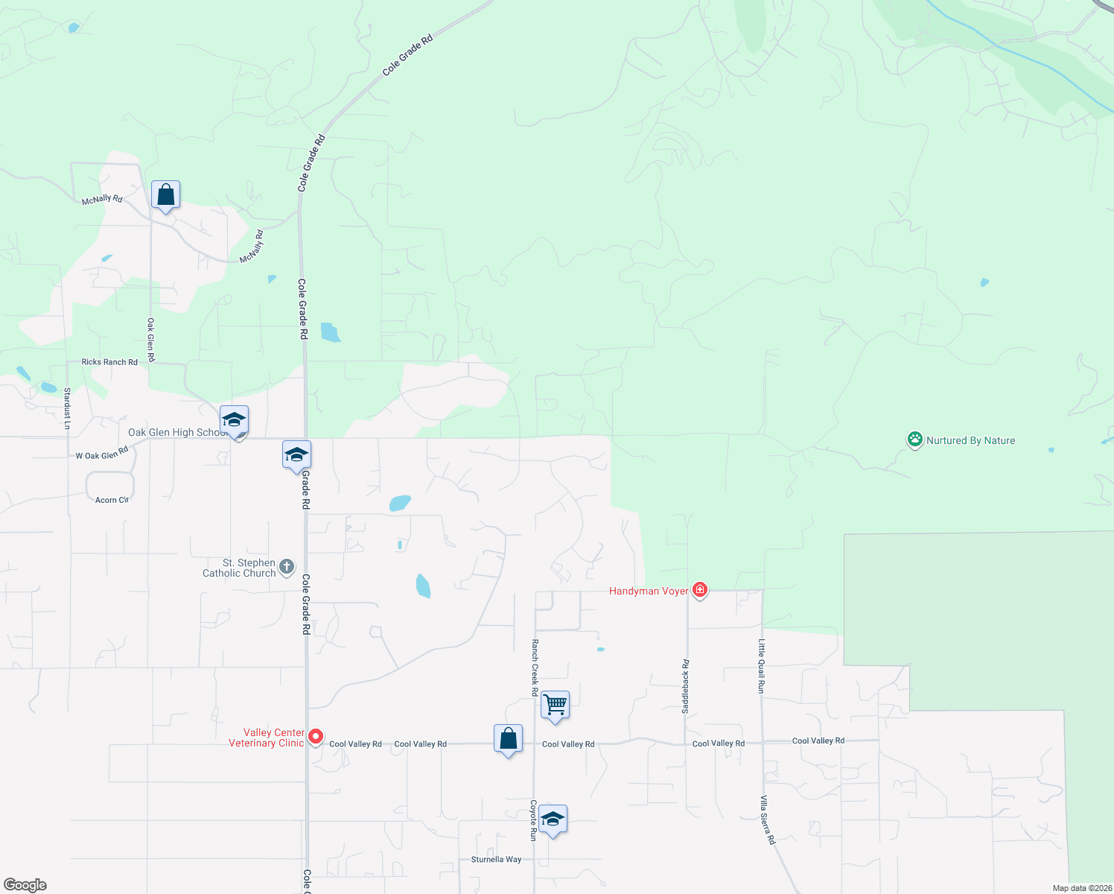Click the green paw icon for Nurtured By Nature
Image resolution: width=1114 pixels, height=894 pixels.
[x=914, y=440]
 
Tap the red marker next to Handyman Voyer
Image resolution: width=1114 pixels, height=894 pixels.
[x=699, y=590]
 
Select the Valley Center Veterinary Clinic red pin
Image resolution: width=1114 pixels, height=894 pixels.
[x=316, y=737]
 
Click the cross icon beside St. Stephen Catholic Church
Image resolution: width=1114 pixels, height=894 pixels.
[x=287, y=568]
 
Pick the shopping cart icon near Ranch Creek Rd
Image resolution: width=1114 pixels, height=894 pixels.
[x=556, y=704]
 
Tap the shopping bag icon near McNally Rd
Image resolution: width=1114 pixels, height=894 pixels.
[x=165, y=196]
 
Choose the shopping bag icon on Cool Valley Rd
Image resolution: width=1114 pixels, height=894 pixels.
[x=508, y=739]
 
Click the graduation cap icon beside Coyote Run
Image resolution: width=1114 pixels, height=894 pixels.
[x=553, y=819]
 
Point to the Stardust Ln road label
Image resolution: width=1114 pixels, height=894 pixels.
[x=67, y=408]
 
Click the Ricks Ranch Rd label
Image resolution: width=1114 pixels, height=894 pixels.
[x=109, y=362]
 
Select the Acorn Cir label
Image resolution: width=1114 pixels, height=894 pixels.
[x=112, y=500]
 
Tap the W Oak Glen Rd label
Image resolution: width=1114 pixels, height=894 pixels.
[x=102, y=453]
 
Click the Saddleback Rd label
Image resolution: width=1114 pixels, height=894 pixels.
[x=686, y=686]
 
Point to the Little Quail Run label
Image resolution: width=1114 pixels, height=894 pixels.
[x=761, y=666]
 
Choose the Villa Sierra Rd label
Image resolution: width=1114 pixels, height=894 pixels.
[x=767, y=819]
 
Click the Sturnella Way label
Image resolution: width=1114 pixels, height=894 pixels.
[x=496, y=860]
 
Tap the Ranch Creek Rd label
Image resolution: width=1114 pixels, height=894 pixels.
[x=535, y=668]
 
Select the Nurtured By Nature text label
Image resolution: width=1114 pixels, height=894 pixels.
[x=970, y=440]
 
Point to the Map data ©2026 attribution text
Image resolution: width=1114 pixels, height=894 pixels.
[x=1082, y=888]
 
